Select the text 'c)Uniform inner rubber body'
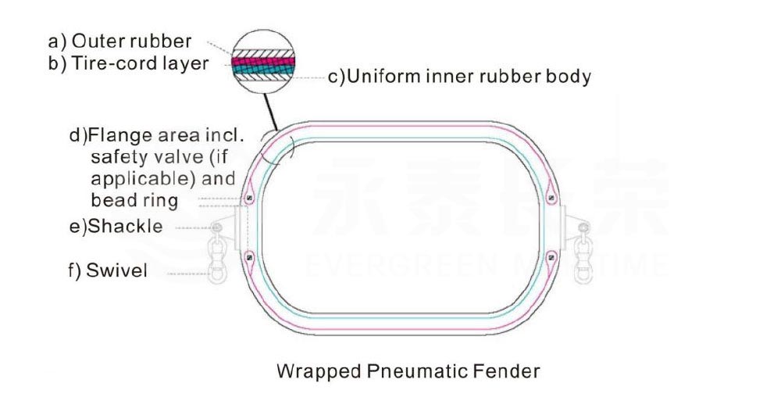458,77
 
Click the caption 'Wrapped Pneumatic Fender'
408,370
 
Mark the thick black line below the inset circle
271,109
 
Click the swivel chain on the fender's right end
582,253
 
